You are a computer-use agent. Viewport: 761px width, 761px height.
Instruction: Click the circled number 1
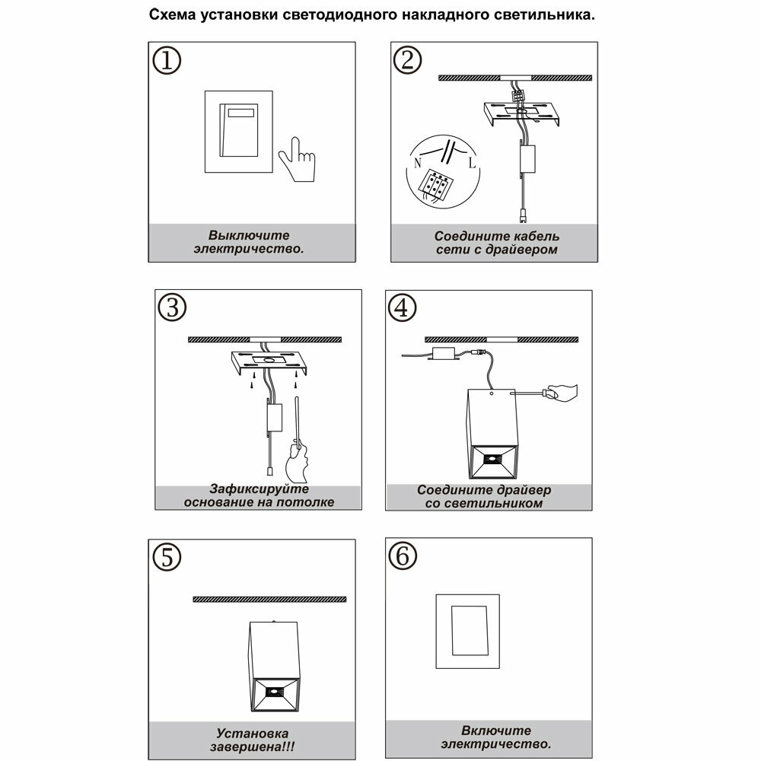click(167, 61)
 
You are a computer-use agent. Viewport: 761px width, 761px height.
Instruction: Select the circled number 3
click(173, 307)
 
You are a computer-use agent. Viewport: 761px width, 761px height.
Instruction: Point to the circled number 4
click(403, 307)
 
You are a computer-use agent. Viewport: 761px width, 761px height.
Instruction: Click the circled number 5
click(167, 556)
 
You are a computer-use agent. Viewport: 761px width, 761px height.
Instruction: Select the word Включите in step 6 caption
click(495, 731)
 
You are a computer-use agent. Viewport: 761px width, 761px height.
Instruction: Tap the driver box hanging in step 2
click(526, 160)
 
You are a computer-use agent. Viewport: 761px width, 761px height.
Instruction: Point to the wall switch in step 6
click(467, 630)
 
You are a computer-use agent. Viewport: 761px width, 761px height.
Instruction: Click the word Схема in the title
click(171, 15)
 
